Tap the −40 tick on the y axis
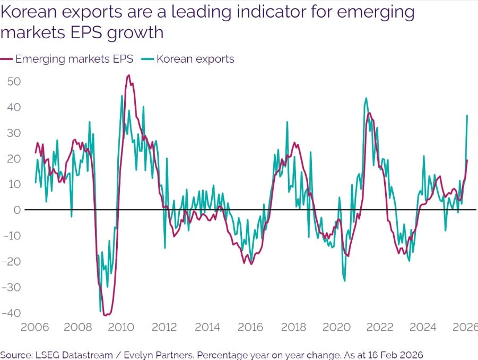pyautogui.click(x=12, y=313)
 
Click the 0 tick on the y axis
pyautogui.click(x=18, y=210)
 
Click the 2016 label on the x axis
pyautogui.click(x=249, y=327)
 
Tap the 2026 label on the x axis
pyautogui.click(x=465, y=327)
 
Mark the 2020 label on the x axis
pyautogui.click(x=335, y=327)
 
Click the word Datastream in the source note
pyautogui.click(x=92, y=355)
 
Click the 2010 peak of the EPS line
pyautogui.click(x=128, y=75)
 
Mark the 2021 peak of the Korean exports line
pyautogui.click(x=366, y=98)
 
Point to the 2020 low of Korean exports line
pyautogui.click(x=344, y=280)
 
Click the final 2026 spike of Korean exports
pyautogui.click(x=467, y=115)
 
